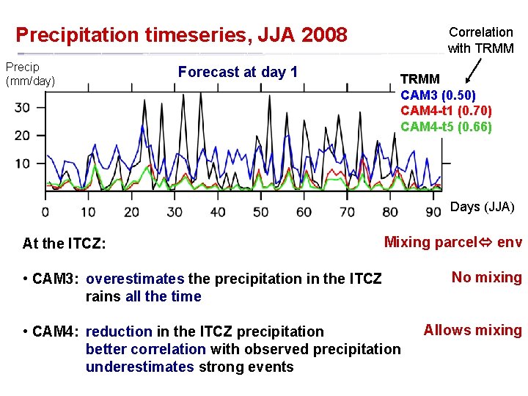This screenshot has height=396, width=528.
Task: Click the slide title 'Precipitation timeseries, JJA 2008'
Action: [181, 35]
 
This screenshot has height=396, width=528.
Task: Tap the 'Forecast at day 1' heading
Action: [238, 72]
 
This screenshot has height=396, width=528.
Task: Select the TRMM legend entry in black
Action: [420, 78]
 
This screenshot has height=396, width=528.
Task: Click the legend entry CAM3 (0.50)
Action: [438, 95]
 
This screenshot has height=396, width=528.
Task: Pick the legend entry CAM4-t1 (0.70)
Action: [446, 111]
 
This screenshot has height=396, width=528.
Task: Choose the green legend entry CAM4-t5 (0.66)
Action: [446, 127]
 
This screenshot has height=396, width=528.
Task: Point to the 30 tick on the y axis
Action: [23, 108]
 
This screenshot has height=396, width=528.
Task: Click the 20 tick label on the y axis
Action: [23, 136]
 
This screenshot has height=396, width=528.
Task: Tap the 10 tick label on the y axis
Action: [23, 164]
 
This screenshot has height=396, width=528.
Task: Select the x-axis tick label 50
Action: [260, 213]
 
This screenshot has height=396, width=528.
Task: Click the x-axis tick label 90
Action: [433, 213]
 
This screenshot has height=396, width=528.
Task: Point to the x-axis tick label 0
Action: [45, 213]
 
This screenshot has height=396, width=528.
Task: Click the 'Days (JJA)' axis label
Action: [482, 208]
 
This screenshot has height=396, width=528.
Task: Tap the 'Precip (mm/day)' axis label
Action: [30, 74]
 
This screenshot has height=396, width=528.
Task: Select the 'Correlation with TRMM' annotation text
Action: [481, 40]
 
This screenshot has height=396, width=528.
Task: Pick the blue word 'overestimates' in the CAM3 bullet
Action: [136, 279]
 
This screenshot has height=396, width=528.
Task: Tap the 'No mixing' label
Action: [486, 277]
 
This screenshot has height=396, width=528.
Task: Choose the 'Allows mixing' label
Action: [473, 330]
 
